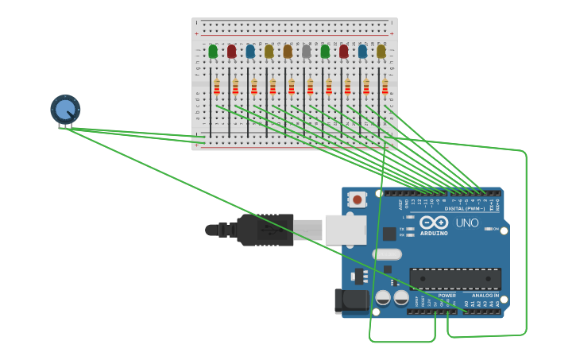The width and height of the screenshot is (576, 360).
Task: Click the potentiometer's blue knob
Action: [65, 109]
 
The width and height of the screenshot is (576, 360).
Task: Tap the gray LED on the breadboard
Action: [306, 52]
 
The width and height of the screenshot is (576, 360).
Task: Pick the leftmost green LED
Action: [213, 52]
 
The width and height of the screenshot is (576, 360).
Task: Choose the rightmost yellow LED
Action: [381, 52]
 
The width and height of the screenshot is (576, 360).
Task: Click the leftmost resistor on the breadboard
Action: [216, 87]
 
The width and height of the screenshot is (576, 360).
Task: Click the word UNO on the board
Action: [467, 223]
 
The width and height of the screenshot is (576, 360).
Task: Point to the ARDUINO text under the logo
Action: [434, 234]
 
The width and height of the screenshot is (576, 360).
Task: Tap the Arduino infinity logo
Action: [434, 223]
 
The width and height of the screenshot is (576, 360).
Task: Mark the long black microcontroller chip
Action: [454, 279]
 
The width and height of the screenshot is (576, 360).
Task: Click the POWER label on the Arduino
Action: [447, 296]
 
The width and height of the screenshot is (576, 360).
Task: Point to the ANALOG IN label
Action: [485, 296]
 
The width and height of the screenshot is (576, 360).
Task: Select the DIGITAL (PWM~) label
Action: [466, 209]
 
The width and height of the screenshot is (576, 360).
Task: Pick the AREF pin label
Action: [400, 204]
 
